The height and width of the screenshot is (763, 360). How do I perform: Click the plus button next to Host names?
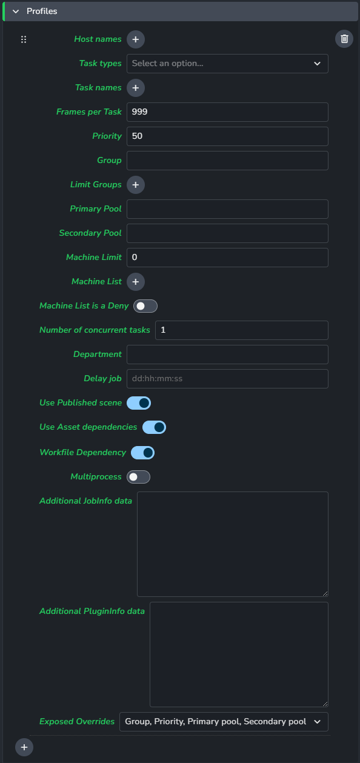[x=136, y=39]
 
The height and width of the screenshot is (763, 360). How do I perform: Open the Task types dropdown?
[x=227, y=64]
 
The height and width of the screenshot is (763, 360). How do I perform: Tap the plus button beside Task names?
[x=136, y=88]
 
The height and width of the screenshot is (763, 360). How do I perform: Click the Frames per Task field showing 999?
[x=227, y=112]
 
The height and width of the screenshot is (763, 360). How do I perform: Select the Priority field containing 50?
[x=227, y=136]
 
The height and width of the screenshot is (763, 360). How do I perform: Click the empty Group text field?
[x=227, y=161]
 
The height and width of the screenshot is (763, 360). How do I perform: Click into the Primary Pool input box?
[x=227, y=209]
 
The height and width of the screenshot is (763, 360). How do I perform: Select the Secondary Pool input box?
[x=227, y=233]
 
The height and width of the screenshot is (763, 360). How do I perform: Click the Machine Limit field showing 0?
[x=227, y=257]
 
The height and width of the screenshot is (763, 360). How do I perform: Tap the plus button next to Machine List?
[x=136, y=282]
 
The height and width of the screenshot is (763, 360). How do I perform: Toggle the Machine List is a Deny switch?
[x=145, y=306]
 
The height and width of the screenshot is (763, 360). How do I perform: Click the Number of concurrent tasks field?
[x=242, y=330]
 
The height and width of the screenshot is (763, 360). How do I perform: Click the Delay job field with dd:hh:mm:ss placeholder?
[x=227, y=378]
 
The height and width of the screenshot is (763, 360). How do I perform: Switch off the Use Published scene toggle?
[x=139, y=403]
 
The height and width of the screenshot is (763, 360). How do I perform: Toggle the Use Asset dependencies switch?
[x=155, y=427]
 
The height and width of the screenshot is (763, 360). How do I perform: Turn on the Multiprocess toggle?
[x=138, y=477]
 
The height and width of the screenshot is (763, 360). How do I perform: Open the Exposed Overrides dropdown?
[x=224, y=721]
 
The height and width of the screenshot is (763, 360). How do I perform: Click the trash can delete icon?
[x=344, y=39]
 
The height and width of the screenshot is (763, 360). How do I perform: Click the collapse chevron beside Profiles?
[x=16, y=12]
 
